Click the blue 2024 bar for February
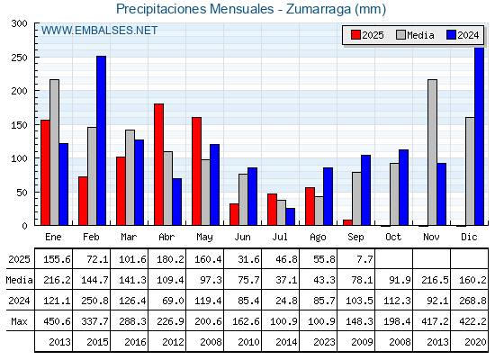pos(101,140)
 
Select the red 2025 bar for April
pos(158,165)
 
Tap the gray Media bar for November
pos(432,152)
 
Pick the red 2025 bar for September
pos(347,222)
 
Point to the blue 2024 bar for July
pos(291,217)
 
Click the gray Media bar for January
pos(54,152)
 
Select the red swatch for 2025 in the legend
pos(355,35)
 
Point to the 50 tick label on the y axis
pos(22,193)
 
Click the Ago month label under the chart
pos(318,238)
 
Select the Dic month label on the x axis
pos(469,237)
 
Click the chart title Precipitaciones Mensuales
pos(194,9)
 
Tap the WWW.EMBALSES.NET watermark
pos(99,31)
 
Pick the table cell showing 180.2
pos(170,259)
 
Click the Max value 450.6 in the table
pos(57,321)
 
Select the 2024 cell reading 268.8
pos(472,301)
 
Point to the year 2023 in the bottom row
pos(324,342)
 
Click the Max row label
pos(19,321)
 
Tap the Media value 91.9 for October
pos(400,280)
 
